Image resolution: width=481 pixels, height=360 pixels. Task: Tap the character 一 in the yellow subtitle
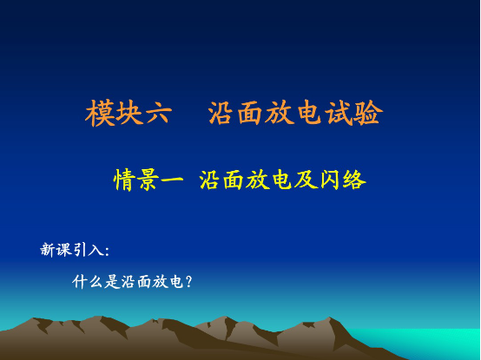tap(172, 180)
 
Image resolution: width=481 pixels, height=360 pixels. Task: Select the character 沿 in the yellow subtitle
tap(209, 180)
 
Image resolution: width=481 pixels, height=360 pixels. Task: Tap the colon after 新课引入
tap(106, 252)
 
